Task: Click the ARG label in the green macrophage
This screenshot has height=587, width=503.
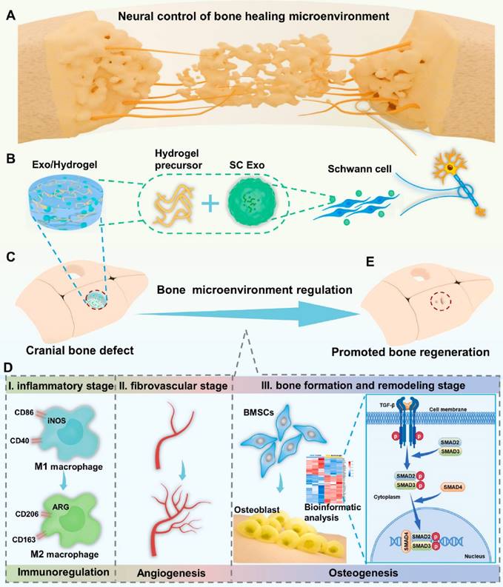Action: [x=68, y=506]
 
